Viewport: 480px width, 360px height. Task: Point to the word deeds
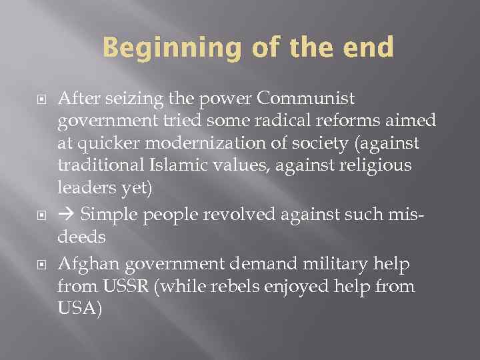pos(81,236)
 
